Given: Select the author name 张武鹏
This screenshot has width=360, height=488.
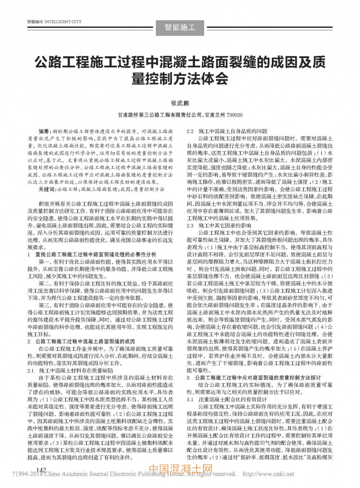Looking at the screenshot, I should tap(180, 103).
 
